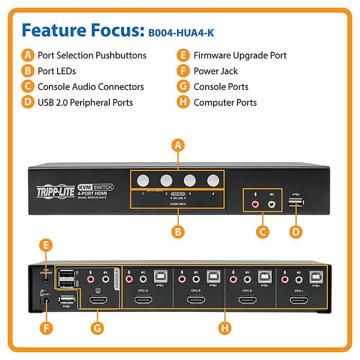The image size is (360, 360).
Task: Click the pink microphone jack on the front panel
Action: [x=256, y=204]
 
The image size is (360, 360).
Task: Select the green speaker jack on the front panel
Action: [x=271, y=204]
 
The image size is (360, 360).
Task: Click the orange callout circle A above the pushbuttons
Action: [x=178, y=146]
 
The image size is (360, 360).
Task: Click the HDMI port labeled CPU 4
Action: [x=144, y=300]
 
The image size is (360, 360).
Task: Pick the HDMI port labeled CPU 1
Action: [x=298, y=300]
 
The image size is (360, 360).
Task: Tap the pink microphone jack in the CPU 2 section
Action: [x=233, y=279]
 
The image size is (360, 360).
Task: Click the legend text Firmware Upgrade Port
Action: [x=240, y=55]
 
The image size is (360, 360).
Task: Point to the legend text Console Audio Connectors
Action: [x=90, y=87]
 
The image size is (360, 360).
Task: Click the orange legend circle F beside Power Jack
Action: [x=183, y=71]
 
